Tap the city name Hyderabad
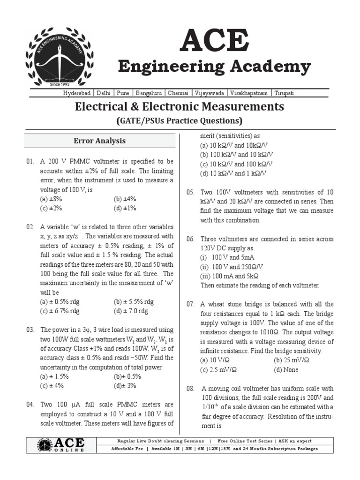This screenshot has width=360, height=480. [x=78, y=93]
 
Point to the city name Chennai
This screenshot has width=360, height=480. [x=178, y=93]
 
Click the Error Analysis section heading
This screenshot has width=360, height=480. [x=99, y=141]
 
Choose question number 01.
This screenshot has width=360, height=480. [x=30, y=161]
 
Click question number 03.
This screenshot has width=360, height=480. [x=30, y=330]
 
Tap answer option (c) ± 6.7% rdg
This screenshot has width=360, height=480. [x=60, y=311]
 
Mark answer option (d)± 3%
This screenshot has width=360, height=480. [x=125, y=385]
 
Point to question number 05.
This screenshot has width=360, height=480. [x=190, y=192]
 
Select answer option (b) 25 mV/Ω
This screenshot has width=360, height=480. [x=292, y=360]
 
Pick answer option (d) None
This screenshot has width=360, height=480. [x=286, y=369]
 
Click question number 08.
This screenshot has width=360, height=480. [x=190, y=389]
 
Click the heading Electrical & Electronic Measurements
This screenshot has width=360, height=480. [x=180, y=106]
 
